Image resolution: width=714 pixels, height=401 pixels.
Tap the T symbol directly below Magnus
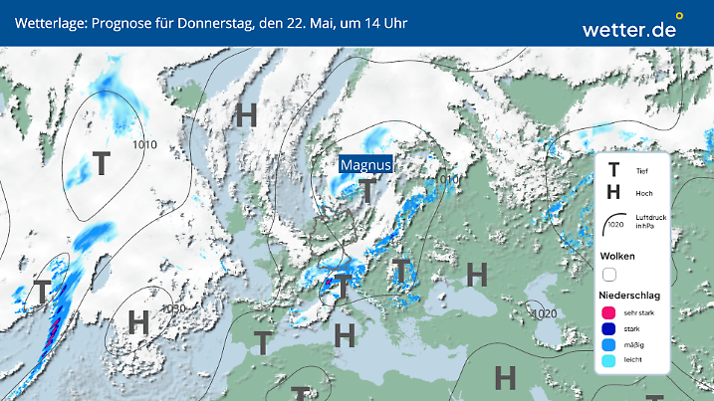pos(368,191)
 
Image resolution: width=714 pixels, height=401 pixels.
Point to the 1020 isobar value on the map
pos(545,314)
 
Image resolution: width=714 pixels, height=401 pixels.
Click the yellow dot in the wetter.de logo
pos(679,16)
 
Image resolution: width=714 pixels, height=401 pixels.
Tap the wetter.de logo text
pos(628,30)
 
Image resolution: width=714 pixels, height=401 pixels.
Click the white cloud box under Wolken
pos(610,274)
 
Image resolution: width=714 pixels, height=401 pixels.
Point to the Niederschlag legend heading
pos(630,295)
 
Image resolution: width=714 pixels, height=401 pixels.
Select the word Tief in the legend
pos(640,172)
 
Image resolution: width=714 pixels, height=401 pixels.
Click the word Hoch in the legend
pos(643,193)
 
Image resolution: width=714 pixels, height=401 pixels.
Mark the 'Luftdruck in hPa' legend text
pos(647,222)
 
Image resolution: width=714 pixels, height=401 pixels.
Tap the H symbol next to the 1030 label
pos(138,320)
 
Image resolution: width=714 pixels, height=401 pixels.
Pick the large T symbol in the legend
pos(613,171)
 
